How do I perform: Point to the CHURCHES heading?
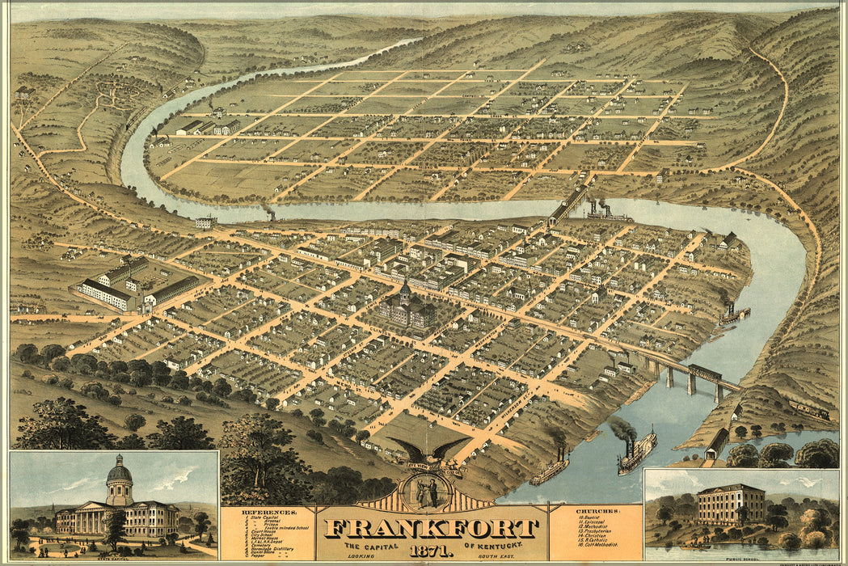pyautogui.click(x=598, y=512)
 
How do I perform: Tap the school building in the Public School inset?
pyautogui.click(x=731, y=505)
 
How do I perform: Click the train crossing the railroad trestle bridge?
pyautogui.click(x=705, y=372)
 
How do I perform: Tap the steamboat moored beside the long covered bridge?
pyautogui.click(x=608, y=213)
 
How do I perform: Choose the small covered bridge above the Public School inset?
pyautogui.click(x=716, y=443)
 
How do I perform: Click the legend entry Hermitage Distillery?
pyautogui.click(x=268, y=548)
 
